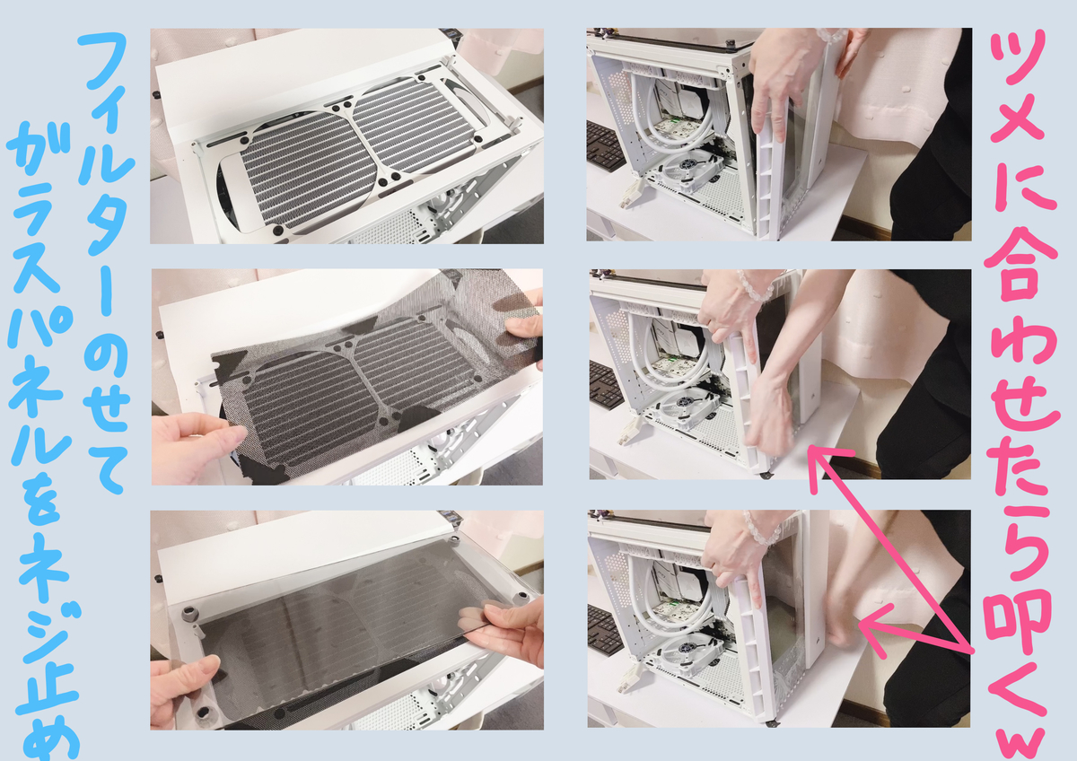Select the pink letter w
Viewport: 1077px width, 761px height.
tap(1020, 744)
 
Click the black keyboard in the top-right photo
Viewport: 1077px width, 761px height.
tap(604, 146)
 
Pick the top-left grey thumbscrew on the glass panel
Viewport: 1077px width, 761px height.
tap(190, 614)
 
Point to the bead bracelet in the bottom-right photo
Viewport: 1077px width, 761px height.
tap(758, 528)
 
